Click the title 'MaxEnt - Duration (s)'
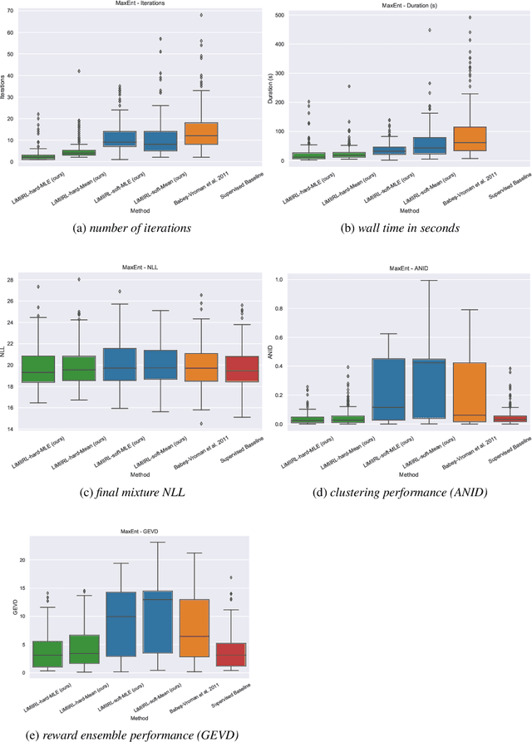pyautogui.click(x=403, y=4)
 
